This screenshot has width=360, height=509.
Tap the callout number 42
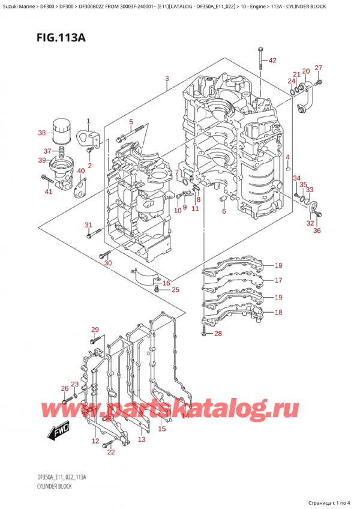pyautogui.click(x=272, y=61)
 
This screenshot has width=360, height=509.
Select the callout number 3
pyautogui.click(x=167, y=79)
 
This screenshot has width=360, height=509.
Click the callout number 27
pyautogui.click(x=319, y=68)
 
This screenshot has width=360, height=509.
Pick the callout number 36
pyautogui.click(x=317, y=230)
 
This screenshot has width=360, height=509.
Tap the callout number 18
pyautogui.click(x=278, y=312)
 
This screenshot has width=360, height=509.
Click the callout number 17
pyautogui.click(x=278, y=280)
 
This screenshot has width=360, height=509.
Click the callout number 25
pyautogui.click(x=175, y=291)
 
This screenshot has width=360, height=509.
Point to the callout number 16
pyautogui.click(x=166, y=283)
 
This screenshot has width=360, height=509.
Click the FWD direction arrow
pyautogui.click(x=57, y=429)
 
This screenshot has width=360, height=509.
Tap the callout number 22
pyautogui.click(x=110, y=452)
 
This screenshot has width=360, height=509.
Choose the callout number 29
pyautogui.click(x=94, y=330)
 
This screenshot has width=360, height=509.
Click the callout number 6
pyautogui.click(x=223, y=211)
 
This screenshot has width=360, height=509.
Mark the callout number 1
pyautogui.click(x=88, y=121)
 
